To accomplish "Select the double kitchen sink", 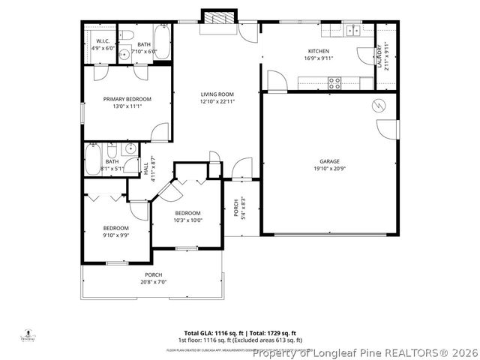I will (352, 31).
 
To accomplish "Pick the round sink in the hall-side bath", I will (129, 149).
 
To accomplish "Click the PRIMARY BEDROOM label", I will (127, 99).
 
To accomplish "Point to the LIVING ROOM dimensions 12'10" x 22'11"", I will (217, 101).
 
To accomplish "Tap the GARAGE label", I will (329, 161).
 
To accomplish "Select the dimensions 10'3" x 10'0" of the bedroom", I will (187, 220).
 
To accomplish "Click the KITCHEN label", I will (319, 51).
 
